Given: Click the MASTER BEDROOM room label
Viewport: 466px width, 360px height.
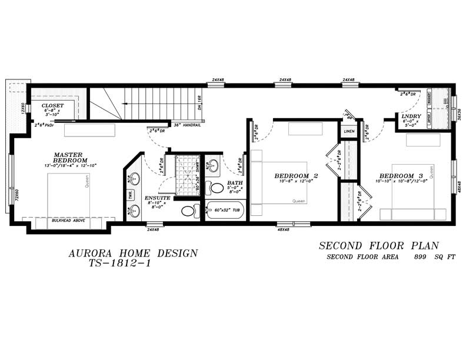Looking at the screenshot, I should coord(70,157).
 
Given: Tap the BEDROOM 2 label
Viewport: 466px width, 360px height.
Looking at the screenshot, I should coord(297,175).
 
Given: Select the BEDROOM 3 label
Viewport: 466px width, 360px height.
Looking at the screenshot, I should coord(401,176).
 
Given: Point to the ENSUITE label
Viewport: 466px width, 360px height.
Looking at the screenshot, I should coord(158,198).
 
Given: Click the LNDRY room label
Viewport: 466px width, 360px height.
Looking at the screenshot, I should coord(411,116).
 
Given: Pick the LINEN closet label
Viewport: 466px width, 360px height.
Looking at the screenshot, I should coord(349,131).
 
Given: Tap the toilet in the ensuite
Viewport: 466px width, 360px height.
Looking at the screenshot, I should coord(189,210).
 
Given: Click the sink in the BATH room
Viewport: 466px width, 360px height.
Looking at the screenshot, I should coord(214,165).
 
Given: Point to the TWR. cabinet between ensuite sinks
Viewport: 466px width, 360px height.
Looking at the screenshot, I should coord(130,195).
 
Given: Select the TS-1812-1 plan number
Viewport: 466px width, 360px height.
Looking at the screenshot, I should coord(120,264).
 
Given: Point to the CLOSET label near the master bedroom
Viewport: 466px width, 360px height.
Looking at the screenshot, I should coord(52,106).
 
